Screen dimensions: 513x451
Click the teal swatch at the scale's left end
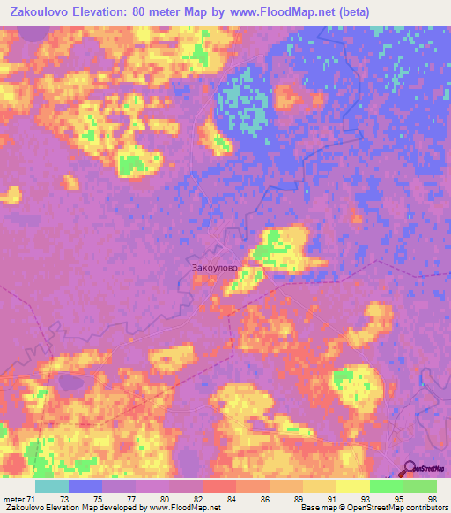52,486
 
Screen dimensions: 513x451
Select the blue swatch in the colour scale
85,486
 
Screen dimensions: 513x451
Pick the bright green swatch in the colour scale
387,486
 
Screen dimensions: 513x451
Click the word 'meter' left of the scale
14,500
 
